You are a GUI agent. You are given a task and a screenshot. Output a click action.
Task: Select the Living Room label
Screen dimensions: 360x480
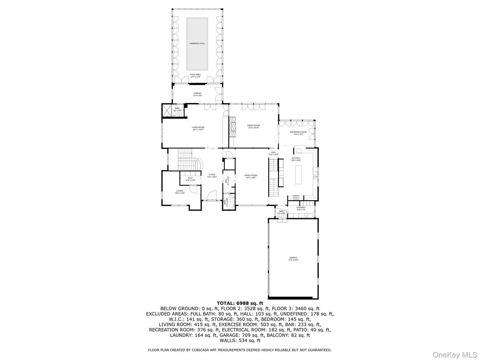click(198, 128)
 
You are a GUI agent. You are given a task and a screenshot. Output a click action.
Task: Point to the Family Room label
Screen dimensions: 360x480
click(253, 126)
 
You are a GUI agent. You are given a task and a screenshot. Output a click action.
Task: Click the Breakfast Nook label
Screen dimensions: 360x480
click(298, 133)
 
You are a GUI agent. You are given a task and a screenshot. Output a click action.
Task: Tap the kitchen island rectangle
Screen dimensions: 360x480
click(299, 175)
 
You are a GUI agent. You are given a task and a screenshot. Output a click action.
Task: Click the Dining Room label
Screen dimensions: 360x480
click(251, 176)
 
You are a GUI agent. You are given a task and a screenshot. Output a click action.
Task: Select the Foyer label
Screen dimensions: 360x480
click(212, 176)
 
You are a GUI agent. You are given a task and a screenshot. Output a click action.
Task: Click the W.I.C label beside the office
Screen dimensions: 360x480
click(190, 179)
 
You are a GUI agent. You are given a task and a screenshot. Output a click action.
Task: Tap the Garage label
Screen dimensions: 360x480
click(293, 258)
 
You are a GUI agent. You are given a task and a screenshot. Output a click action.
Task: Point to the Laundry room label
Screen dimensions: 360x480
click(300, 208)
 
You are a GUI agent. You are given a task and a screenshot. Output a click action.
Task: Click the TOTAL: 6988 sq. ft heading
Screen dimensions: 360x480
click(240, 303)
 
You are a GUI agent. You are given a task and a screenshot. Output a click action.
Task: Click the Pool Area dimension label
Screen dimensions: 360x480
click(195, 76)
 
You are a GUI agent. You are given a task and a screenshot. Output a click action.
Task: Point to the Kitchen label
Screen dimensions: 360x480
click(296, 159)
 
